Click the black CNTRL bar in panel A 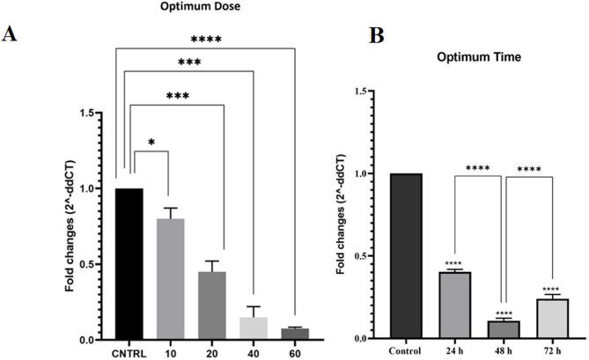(x=129, y=264)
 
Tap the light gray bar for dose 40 (x=254, y=328)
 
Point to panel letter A (x=11, y=33)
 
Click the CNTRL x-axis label (x=129, y=354)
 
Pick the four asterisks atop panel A (x=205, y=39)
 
